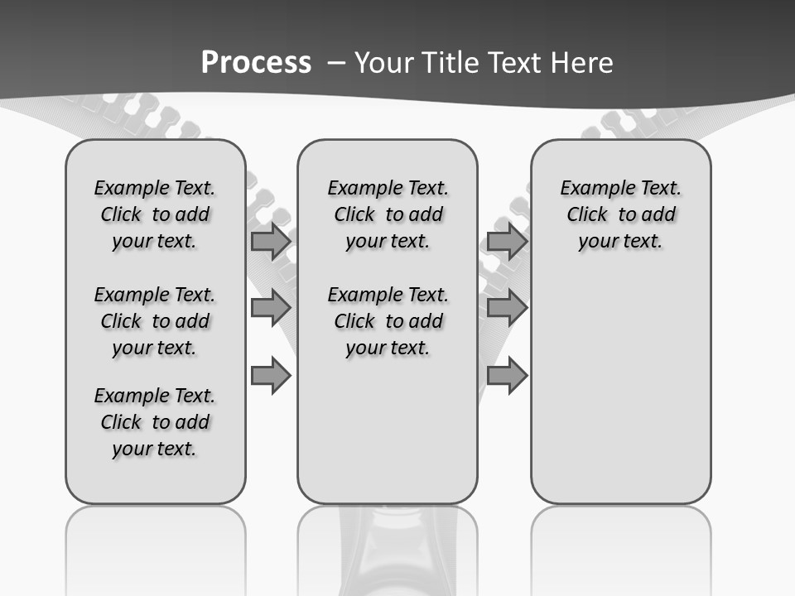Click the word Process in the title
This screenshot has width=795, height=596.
coord(256,63)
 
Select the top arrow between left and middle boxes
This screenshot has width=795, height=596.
coord(271,242)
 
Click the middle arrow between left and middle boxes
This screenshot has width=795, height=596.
coord(271,308)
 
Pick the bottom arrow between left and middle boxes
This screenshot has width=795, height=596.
coord(271,376)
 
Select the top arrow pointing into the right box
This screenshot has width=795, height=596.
coord(507,242)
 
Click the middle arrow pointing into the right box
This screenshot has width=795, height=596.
coord(507,308)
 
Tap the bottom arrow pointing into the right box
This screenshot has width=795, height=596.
coord(507,376)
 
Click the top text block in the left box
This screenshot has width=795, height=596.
coord(155,214)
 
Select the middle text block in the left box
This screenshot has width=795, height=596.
coord(155,321)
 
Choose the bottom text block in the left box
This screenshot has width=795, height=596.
coord(155,422)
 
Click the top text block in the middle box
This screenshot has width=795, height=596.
coord(388,214)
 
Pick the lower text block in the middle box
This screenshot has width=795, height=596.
coord(388,321)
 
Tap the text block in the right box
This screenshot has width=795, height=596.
coord(621,214)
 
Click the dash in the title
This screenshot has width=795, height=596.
coord(335,63)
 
